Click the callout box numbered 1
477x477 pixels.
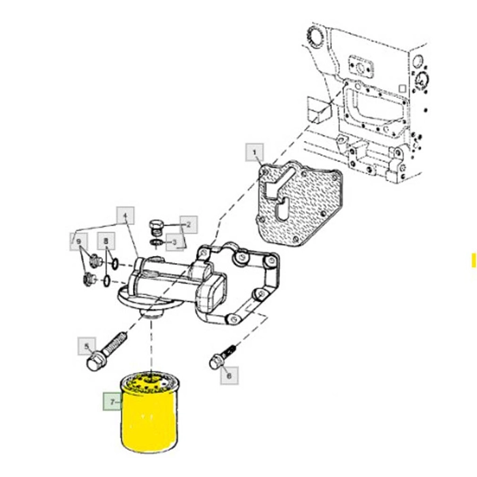point(255,153)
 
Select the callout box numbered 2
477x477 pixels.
point(189,225)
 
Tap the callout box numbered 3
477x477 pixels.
point(174,243)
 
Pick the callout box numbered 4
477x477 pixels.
point(125,216)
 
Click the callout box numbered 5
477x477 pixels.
point(87,346)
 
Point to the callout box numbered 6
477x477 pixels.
point(229,375)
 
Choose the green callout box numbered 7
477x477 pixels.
point(112,401)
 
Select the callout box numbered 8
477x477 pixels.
point(106,241)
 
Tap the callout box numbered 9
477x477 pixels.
point(79,242)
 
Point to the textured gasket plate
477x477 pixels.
point(300,202)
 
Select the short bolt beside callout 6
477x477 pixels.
point(222,356)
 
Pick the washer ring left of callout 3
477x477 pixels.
point(156,243)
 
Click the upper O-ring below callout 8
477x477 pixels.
point(114,264)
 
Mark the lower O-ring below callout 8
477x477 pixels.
point(106,281)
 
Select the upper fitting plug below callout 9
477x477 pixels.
point(95,261)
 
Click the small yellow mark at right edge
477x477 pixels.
point(474,260)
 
